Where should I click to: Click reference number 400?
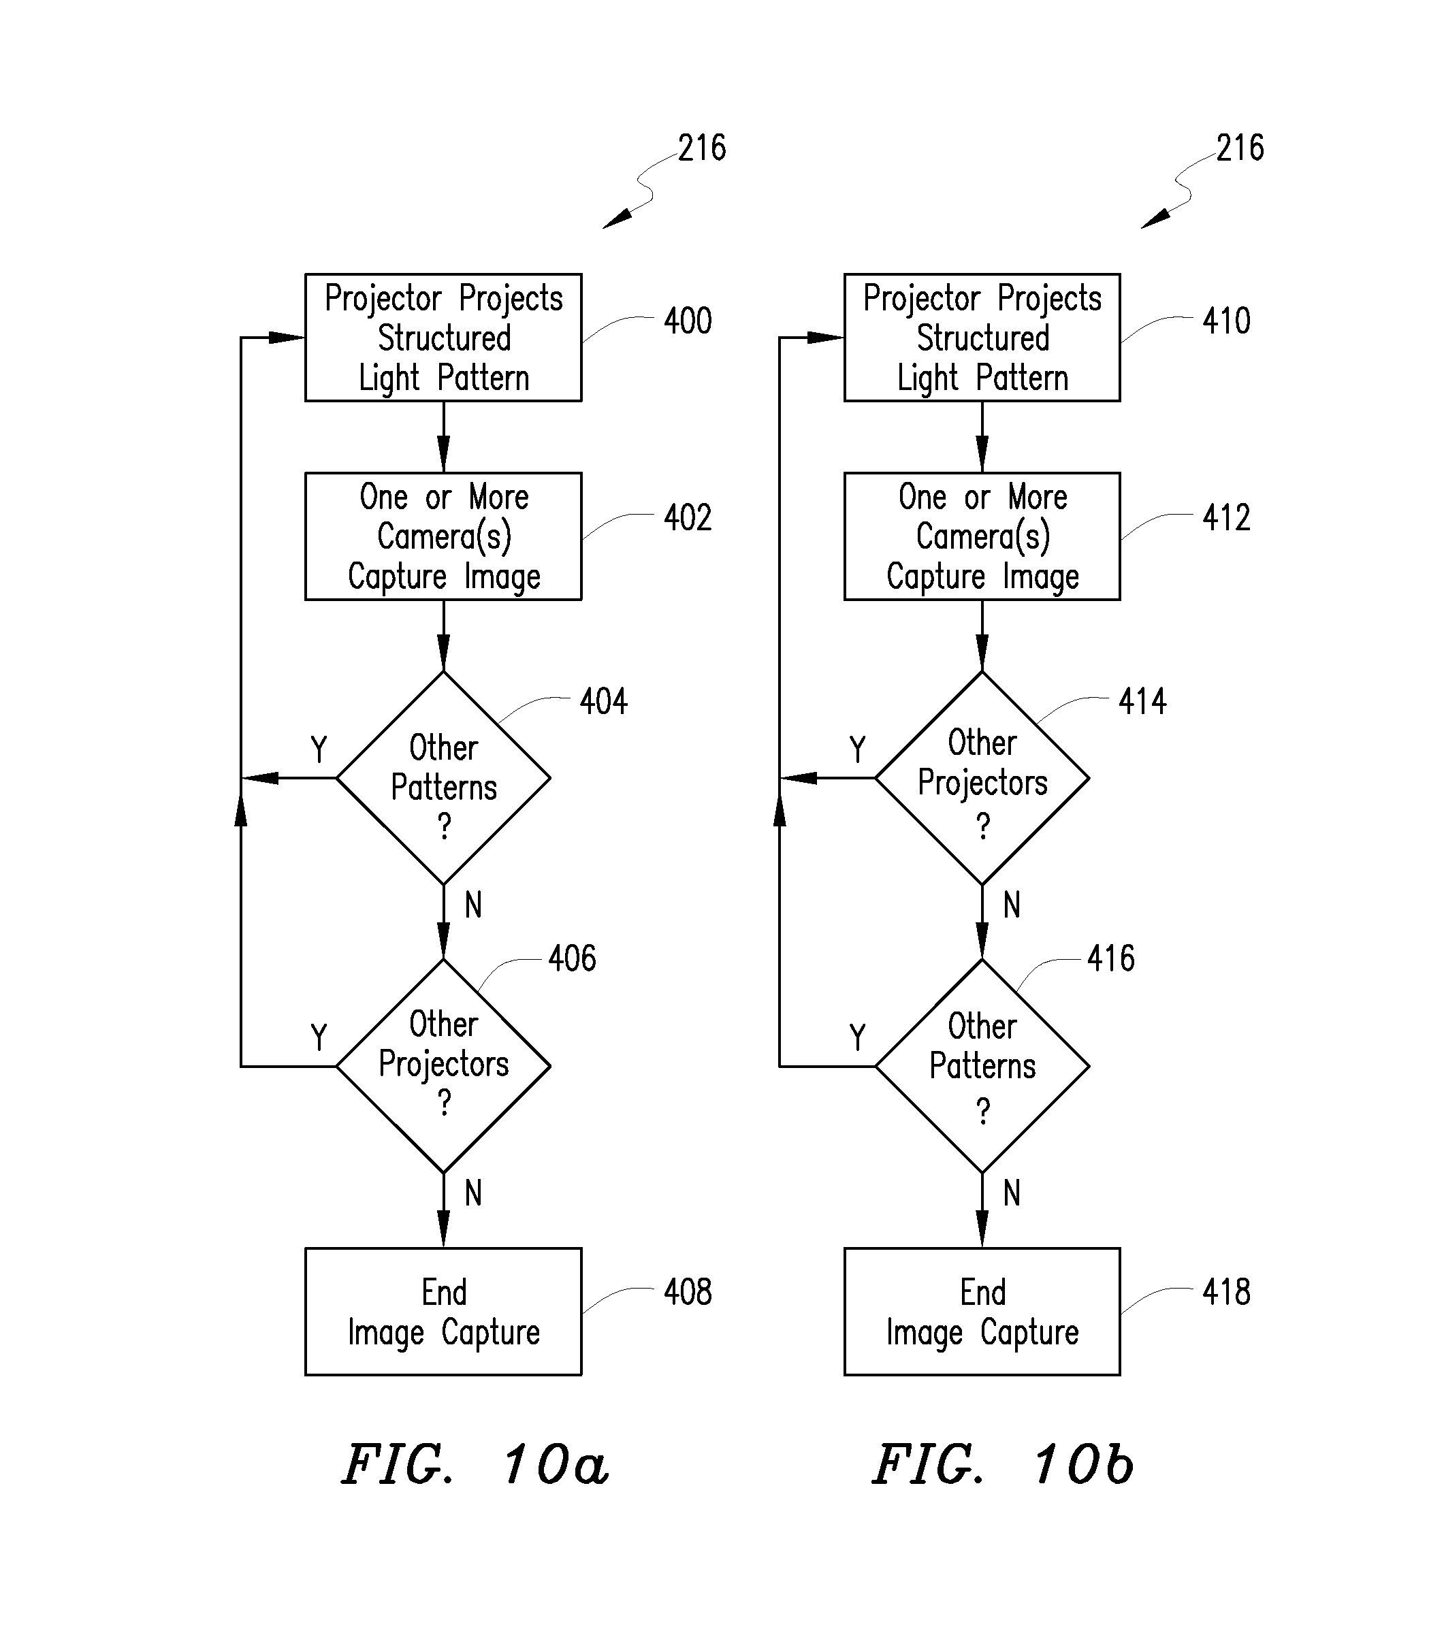pos(688,321)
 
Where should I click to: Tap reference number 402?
pos(688,517)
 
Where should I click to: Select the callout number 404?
pos(604,701)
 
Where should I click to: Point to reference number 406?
pos(572,958)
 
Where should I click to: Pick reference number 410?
pos(1226,321)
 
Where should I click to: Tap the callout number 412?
pos(1226,517)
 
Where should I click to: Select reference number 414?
pos(1142,701)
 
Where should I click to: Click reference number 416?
pos(1111,958)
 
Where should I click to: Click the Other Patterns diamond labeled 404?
pos(443,777)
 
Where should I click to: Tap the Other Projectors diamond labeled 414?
pos(982,777)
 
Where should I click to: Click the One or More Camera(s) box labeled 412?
pos(982,536)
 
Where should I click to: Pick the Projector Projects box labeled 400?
pos(443,338)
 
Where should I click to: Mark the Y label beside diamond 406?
pos(319,1037)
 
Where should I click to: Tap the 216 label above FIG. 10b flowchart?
pos(1240,148)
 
